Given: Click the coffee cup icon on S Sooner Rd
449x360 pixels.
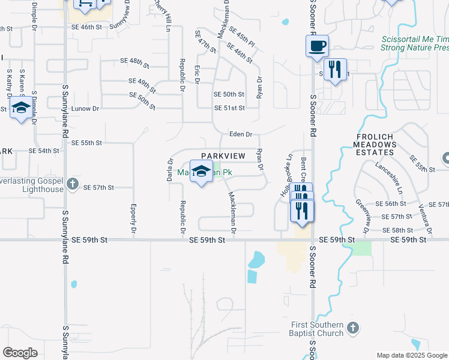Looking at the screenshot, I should tap(317, 46).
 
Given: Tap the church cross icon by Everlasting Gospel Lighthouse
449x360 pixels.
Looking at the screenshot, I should tap(73, 184).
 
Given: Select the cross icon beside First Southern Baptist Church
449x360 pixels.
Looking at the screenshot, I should tap(352, 328).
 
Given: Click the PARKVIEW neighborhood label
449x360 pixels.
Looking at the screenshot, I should tap(223, 156).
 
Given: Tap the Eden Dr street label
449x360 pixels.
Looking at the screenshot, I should tap(240, 134).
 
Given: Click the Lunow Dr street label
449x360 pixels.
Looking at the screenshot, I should tap(83, 109).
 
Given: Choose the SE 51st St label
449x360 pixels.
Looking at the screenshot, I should tap(229, 108).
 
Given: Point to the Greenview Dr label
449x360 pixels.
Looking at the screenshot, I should tap(362, 216).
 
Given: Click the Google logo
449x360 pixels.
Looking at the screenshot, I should tap(20, 353).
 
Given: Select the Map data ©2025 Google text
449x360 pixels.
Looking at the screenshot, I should tap(412, 355).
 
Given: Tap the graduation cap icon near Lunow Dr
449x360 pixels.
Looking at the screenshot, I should tap(21, 109).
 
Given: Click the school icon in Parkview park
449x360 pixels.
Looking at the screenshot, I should tap(201, 170).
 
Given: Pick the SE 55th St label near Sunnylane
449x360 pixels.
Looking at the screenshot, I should tap(86, 143).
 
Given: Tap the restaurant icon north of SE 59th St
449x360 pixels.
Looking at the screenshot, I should tap(301, 211).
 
